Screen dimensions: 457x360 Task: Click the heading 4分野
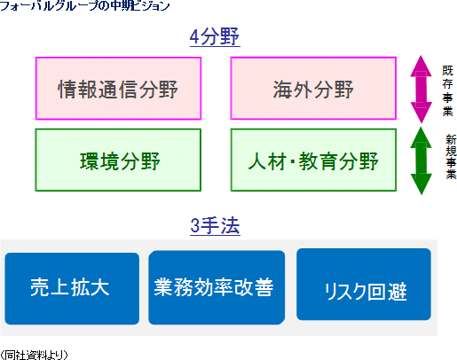215,37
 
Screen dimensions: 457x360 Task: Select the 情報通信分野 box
118,89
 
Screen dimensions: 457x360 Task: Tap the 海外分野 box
313,89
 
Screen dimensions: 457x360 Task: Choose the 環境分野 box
118,160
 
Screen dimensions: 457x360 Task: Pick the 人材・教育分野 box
313,160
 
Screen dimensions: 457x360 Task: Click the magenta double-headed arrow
422,90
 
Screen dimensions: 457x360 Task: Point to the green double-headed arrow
422,160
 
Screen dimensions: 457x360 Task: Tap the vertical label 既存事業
448,90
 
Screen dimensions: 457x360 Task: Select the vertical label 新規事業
452,157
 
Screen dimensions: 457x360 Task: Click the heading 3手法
215,226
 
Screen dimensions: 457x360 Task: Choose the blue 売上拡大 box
72,288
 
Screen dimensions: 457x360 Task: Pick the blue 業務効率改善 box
217,287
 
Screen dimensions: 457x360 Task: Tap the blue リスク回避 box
364,285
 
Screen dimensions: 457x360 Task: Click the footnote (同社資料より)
34,355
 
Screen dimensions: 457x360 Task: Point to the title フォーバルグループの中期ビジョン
85,5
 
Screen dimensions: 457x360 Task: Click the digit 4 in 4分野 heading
194,37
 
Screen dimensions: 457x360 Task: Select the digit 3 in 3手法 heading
195,226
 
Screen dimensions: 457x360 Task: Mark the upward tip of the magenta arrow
422,56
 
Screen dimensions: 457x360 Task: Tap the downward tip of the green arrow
422,194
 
